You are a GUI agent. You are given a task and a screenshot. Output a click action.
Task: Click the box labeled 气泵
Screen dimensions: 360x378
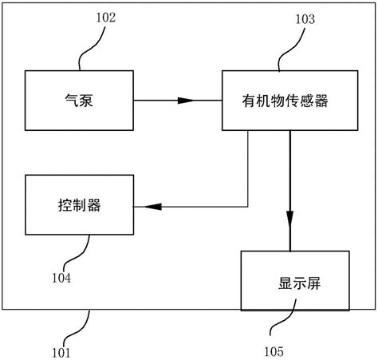pos(79,101)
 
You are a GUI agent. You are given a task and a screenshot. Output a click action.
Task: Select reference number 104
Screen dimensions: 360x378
pos(61,278)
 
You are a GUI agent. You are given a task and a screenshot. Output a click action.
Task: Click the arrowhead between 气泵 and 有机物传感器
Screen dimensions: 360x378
pos(185,101)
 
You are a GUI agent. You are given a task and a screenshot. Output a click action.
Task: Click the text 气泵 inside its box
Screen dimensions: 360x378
pos(79,101)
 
